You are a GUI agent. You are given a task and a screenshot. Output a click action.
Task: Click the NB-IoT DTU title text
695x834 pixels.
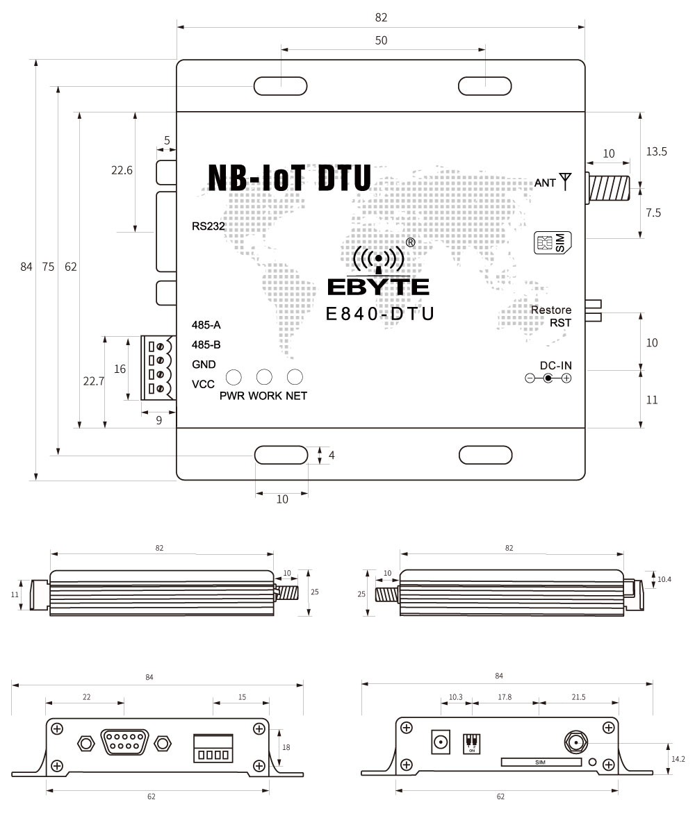pos(289,178)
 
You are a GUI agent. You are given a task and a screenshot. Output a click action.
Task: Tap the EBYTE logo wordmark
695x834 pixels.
pos(378,287)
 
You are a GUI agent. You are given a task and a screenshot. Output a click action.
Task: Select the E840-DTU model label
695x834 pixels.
pos(380,314)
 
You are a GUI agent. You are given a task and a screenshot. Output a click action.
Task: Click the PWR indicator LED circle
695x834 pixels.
pos(234,377)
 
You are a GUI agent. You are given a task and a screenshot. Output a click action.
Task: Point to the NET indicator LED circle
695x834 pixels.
pos(295,377)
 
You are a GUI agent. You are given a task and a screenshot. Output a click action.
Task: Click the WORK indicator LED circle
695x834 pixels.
pos(264,377)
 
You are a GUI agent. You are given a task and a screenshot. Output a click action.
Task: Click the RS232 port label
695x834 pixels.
pos(209,226)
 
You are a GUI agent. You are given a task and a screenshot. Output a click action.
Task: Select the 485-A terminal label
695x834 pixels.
pos(206,325)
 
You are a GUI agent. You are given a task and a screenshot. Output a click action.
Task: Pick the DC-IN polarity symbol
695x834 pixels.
pos(548,378)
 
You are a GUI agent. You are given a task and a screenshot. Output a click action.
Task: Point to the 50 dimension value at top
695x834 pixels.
pos(381,41)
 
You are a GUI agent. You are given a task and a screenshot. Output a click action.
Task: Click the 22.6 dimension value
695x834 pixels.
pos(122,170)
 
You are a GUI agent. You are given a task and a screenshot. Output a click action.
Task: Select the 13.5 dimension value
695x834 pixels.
pos(656,151)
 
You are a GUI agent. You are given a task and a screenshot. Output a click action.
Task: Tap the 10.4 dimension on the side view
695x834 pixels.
pos(664,578)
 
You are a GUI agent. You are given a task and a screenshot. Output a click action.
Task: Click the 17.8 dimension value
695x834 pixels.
pos(505,697)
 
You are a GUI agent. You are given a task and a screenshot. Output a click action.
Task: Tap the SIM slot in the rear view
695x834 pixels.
pos(541,762)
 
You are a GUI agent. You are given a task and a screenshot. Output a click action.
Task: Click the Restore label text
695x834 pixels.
pos(551,310)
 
